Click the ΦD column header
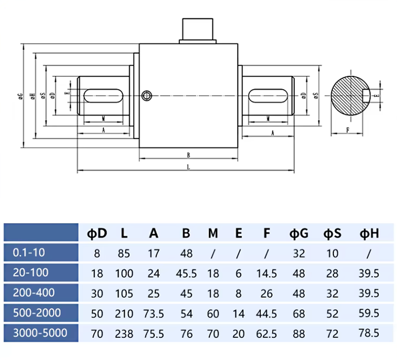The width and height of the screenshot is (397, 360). click(x=97, y=233)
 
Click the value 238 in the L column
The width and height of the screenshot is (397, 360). click(x=124, y=332)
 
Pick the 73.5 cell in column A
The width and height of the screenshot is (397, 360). click(x=154, y=312)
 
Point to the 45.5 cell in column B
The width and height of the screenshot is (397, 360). click(x=186, y=273)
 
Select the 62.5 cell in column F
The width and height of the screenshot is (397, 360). click(x=267, y=332)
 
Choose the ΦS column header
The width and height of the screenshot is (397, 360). click(x=332, y=233)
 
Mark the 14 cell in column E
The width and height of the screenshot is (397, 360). click(x=239, y=312)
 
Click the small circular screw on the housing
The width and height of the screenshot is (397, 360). click(x=147, y=95)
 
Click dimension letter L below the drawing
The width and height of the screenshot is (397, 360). click(x=188, y=167)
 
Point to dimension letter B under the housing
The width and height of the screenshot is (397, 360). click(x=188, y=154)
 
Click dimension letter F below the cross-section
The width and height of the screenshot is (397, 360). click(x=347, y=130)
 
